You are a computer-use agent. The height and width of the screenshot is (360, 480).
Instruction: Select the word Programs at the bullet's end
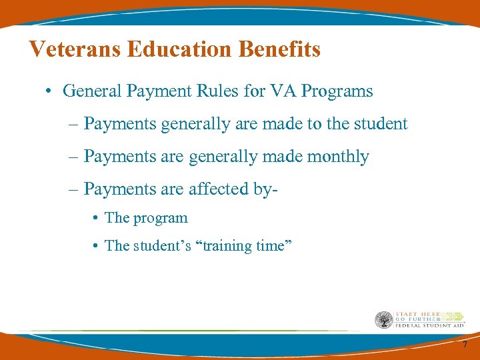[337, 91]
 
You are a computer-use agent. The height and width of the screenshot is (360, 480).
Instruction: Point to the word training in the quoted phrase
[227, 246]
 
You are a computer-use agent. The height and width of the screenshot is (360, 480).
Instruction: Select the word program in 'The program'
[161, 219]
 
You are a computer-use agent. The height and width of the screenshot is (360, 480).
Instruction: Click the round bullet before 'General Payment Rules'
[50, 91]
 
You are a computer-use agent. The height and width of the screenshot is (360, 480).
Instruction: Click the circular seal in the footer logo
[384, 320]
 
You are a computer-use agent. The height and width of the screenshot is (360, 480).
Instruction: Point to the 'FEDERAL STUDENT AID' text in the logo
[429, 326]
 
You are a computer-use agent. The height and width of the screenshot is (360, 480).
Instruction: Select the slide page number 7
[465, 345]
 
